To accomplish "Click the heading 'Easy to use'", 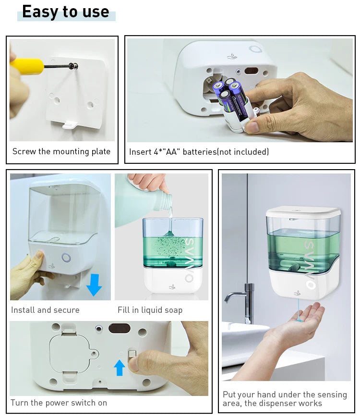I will [x=66, y=12].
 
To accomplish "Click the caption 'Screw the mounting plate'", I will [x=61, y=151].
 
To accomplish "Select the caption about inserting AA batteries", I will [x=199, y=152].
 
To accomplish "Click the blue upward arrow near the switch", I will [x=120, y=368].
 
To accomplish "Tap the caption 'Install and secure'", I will [x=45, y=310].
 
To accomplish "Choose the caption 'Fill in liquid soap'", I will [x=150, y=310].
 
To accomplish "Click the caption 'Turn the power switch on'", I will [x=59, y=403].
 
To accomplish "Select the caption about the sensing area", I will [x=285, y=398].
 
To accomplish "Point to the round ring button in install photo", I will [x=66, y=258].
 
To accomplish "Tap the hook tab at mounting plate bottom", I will [x=70, y=126].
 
